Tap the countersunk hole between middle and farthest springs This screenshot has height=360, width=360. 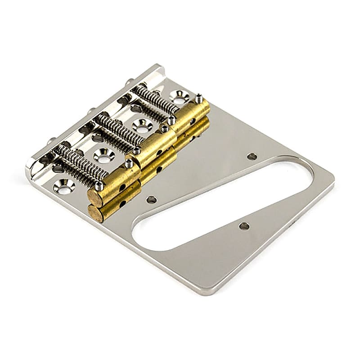pyautogui.click(x=142, y=126)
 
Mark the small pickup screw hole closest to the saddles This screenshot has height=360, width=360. pyautogui.click(x=152, y=199)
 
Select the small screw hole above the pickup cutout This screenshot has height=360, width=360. pyautogui.click(x=252, y=157)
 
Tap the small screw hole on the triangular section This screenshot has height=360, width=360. pyautogui.click(x=244, y=226)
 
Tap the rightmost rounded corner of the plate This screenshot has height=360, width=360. pyautogui.click(x=332, y=184)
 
